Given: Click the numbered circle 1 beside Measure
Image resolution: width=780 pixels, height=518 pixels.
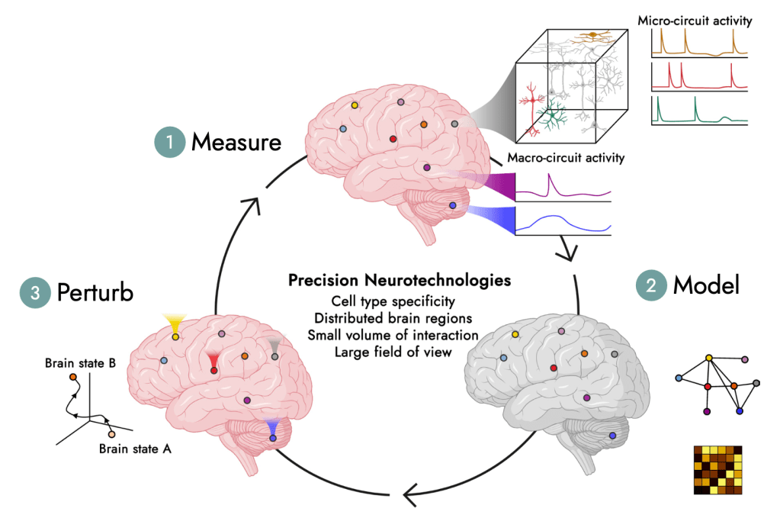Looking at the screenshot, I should [x=168, y=142].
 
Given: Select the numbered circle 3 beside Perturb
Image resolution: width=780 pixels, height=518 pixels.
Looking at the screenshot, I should [x=34, y=292].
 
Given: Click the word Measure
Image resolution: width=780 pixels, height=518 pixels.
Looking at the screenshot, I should [x=236, y=142].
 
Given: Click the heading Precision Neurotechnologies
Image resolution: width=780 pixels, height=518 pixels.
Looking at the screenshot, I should [x=389, y=280].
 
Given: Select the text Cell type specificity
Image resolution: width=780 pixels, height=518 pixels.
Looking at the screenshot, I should [x=389, y=301].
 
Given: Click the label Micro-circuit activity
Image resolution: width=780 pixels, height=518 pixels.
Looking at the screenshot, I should [x=695, y=21].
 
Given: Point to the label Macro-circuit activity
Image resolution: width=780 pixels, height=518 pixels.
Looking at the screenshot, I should [x=566, y=159].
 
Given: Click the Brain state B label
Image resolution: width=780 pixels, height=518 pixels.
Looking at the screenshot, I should [x=80, y=362].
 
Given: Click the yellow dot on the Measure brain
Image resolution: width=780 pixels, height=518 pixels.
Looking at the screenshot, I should [x=355, y=105].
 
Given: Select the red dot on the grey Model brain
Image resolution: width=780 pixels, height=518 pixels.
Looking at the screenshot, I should [x=553, y=368].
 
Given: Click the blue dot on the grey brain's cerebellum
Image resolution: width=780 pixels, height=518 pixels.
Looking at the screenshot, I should [x=612, y=435].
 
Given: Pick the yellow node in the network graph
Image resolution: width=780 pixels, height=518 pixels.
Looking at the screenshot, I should [x=708, y=357].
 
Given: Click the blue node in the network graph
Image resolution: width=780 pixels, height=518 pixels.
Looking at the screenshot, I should [x=739, y=411].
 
